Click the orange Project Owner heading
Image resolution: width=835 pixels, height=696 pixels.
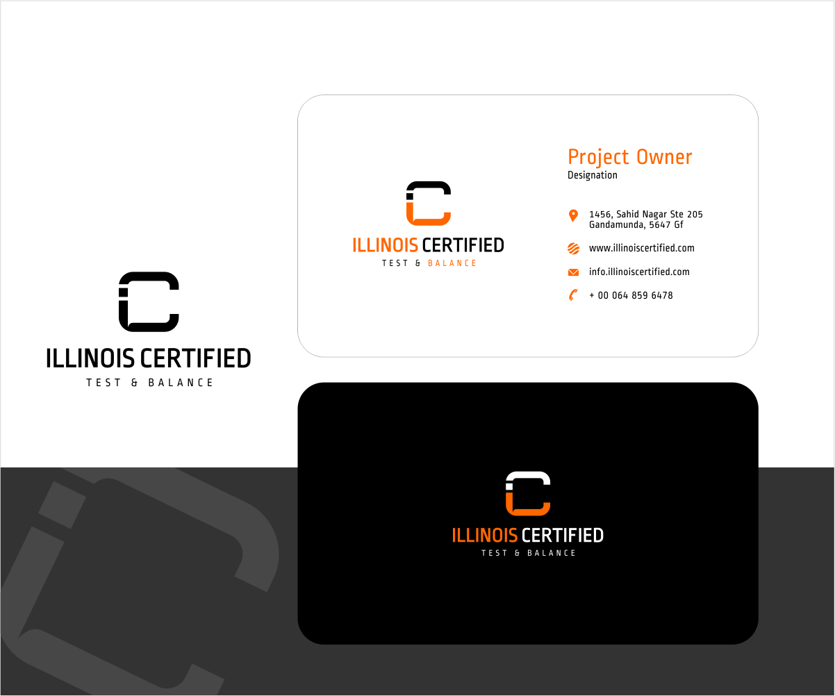[x=630, y=157]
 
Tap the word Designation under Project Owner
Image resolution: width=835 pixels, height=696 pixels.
[x=593, y=175]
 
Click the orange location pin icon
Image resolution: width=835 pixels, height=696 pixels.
[x=573, y=215]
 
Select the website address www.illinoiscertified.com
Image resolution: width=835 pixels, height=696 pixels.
[x=641, y=248]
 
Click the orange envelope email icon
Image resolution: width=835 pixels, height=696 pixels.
[x=573, y=272]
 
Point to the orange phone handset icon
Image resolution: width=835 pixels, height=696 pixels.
[x=573, y=295]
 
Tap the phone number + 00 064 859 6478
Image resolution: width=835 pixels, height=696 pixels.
[x=631, y=296]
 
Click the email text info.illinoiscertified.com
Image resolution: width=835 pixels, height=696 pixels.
[x=639, y=272]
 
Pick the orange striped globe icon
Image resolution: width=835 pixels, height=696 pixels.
[x=573, y=249]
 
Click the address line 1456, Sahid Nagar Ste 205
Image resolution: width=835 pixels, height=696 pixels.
[x=646, y=215]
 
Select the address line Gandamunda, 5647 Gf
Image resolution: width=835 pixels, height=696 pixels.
[x=636, y=225]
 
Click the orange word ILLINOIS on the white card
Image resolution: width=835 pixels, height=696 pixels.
[x=385, y=245]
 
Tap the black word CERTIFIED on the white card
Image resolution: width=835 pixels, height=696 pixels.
[x=463, y=245]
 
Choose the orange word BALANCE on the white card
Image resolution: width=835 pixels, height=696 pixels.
[x=452, y=263]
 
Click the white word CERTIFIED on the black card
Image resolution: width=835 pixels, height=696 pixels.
[x=562, y=536]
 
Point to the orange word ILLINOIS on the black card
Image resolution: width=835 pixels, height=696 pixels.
[x=484, y=536]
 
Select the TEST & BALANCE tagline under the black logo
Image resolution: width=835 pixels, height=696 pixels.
[x=149, y=383]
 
